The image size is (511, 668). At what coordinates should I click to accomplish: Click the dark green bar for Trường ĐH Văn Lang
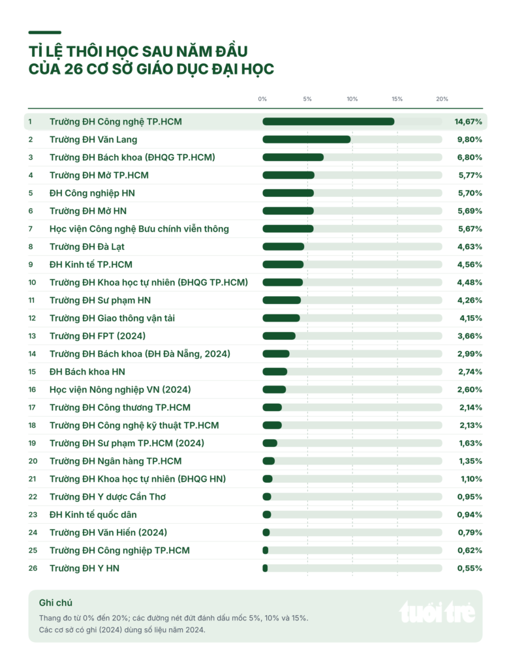[307, 140]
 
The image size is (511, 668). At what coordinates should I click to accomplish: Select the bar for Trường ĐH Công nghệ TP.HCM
[328, 121]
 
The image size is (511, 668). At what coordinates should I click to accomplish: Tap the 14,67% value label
[468, 121]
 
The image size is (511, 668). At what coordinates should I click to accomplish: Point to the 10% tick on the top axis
[352, 99]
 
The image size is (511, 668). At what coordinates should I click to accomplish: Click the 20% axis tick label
[442, 99]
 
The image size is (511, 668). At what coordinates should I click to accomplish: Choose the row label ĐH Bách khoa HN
[87, 371]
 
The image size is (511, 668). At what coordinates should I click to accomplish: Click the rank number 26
[33, 568]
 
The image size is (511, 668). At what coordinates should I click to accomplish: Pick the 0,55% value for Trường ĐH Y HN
[470, 568]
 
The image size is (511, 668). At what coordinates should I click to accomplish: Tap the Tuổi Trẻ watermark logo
[437, 612]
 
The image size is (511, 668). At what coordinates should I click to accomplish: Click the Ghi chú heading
[55, 602]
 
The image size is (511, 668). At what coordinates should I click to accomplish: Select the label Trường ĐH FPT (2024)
[98, 336]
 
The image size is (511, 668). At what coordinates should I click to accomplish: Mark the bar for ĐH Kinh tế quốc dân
[267, 515]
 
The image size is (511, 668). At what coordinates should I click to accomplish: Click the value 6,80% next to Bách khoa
[470, 157]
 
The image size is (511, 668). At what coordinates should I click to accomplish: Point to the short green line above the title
[45, 33]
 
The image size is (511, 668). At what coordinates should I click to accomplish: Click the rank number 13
[32, 336]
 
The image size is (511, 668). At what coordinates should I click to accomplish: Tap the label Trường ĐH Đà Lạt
[87, 247]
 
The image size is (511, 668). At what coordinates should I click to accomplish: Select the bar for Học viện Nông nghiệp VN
[274, 389]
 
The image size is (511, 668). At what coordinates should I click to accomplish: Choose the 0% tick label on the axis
[262, 99]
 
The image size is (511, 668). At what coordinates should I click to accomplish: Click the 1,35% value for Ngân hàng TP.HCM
[471, 461]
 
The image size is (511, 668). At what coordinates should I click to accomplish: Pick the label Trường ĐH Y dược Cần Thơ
[108, 496]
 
